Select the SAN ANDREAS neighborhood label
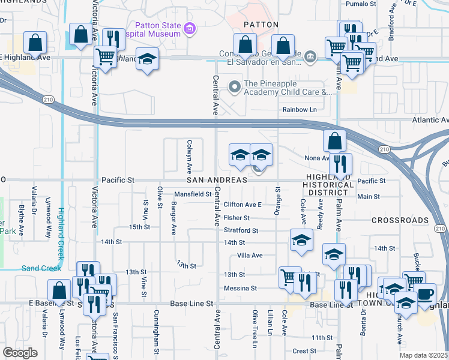click(217, 180)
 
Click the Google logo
click(20, 352)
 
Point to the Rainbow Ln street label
click(300, 110)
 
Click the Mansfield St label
click(193, 194)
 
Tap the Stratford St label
click(241, 230)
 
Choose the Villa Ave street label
click(250, 256)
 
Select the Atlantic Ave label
click(429, 120)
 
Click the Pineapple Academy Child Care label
click(287, 88)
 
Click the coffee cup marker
click(426, 296)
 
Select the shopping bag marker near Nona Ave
click(334, 141)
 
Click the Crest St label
click(304, 351)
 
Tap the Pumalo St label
click(361, 4)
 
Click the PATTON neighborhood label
click(261, 25)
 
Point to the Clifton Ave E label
click(243, 205)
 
